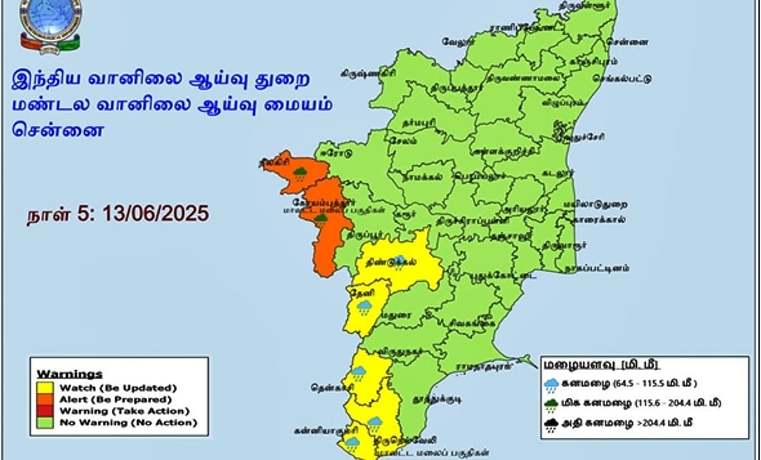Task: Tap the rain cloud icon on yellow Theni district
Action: pyautogui.click(x=363, y=308)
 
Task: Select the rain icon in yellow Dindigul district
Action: pyautogui.click(x=400, y=262)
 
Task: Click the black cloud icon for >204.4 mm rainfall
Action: pyautogui.click(x=551, y=424)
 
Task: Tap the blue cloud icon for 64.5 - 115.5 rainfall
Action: pyautogui.click(x=551, y=383)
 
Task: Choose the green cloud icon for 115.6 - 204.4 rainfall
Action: pyautogui.click(x=551, y=404)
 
